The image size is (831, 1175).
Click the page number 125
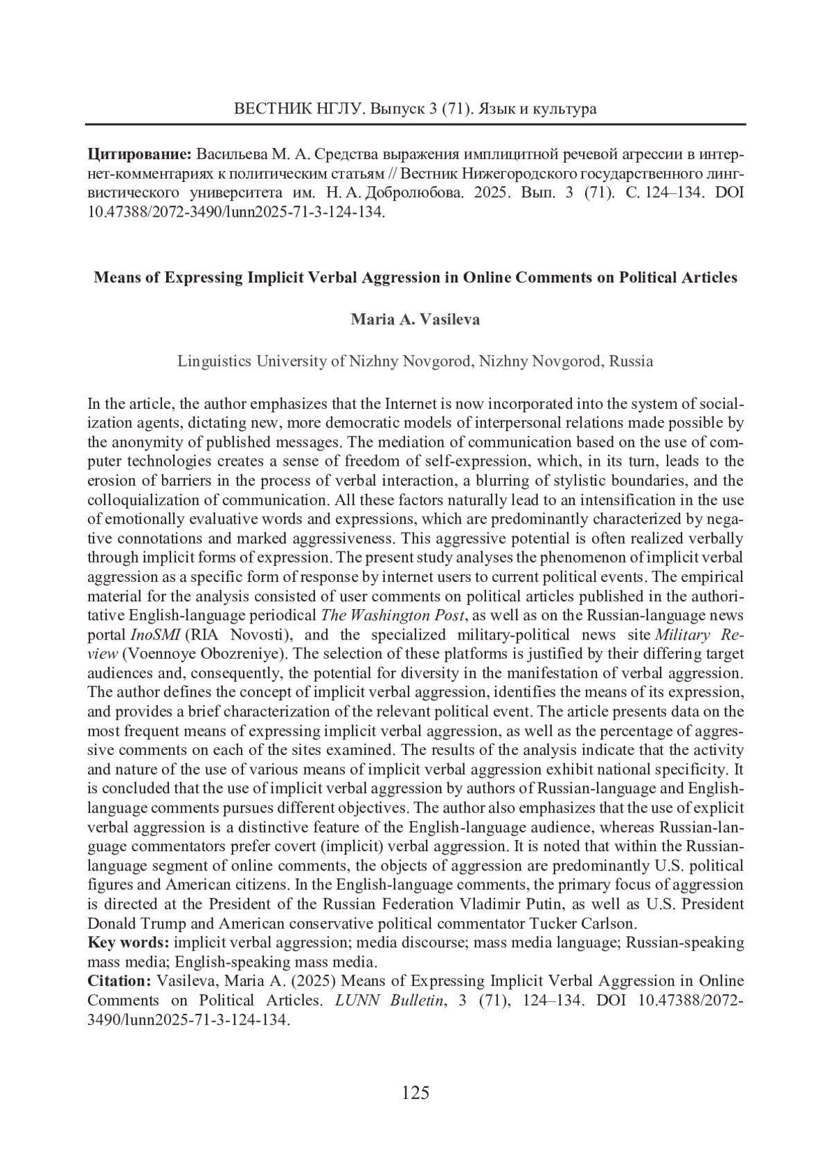(x=415, y=1093)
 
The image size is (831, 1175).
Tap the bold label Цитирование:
(x=140, y=153)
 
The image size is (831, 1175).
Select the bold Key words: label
(x=128, y=942)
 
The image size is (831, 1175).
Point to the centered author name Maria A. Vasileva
(x=415, y=320)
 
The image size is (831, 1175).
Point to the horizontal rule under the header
(x=415, y=124)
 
